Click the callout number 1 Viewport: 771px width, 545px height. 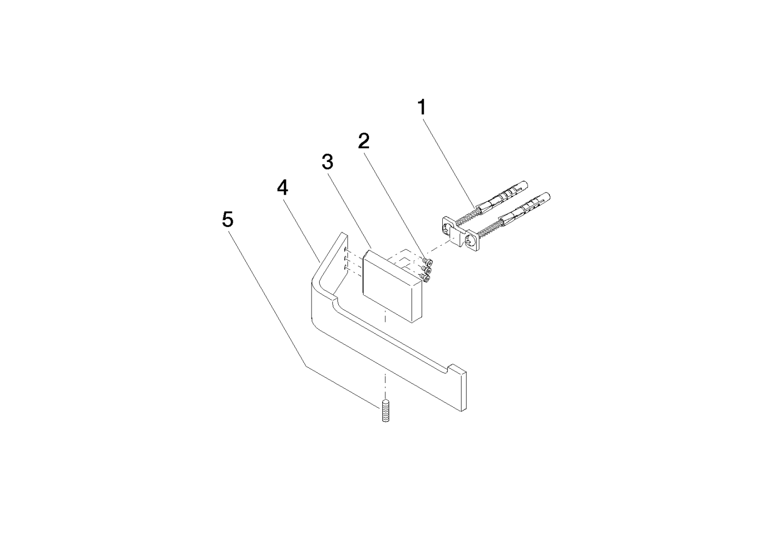coord(422,107)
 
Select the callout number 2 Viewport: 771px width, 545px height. coord(364,141)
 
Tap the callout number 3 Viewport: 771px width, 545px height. coord(327,161)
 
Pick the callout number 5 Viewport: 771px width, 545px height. coord(228,219)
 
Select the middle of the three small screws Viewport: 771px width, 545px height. coord(427,269)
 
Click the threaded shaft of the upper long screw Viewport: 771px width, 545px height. coord(468,216)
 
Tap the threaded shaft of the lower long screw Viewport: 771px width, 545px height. coord(489,229)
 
